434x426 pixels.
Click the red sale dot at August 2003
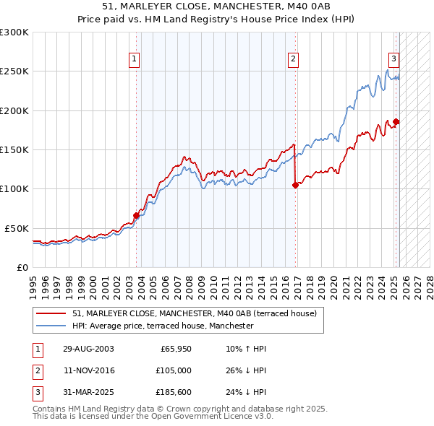tap(136, 215)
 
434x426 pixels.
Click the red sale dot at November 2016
tap(295, 185)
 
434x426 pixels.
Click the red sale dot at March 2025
tap(396, 121)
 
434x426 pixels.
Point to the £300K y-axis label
tap(14, 32)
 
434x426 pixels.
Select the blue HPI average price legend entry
tap(163, 326)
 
